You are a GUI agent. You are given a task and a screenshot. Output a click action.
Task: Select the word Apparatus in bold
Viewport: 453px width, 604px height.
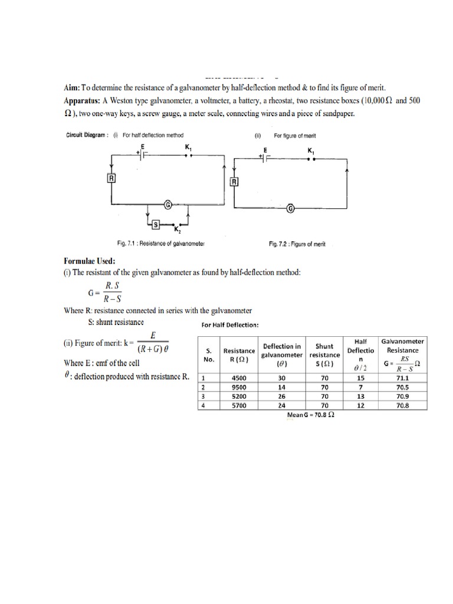[x=86, y=101]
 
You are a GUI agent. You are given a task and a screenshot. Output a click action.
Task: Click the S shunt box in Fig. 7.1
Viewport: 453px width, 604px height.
[x=156, y=224]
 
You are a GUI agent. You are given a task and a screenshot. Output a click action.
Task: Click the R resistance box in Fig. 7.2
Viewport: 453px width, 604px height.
[x=234, y=182]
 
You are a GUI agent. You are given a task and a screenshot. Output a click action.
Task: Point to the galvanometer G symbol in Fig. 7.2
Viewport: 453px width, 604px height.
[x=290, y=208]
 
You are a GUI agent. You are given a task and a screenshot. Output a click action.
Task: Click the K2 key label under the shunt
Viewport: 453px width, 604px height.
[x=177, y=231]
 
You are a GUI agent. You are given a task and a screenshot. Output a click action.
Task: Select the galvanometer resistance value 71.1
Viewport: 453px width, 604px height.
[x=403, y=379]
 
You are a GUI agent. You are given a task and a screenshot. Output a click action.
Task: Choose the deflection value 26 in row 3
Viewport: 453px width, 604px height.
[x=281, y=397]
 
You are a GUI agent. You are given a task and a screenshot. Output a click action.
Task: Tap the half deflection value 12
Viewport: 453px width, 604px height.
[x=360, y=406]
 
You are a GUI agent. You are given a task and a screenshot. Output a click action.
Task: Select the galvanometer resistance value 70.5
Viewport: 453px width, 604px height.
[x=403, y=388]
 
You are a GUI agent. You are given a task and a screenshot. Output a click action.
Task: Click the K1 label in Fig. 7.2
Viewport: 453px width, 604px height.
[x=311, y=151]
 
